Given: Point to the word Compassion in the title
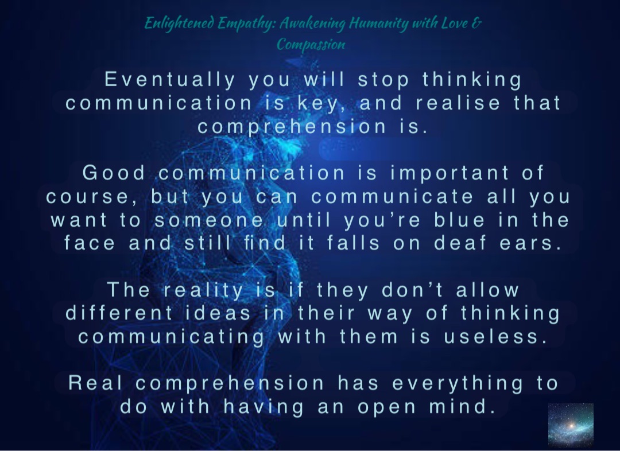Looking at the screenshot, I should pyautogui.click(x=311, y=44).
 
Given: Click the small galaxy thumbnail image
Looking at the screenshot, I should pyautogui.click(x=571, y=424).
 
